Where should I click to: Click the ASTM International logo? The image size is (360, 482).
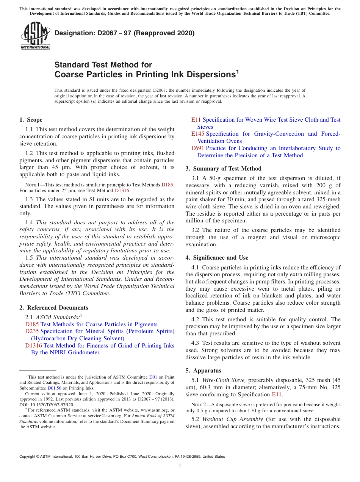pyautogui.click(x=35, y=36)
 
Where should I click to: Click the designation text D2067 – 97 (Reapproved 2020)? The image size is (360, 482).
pyautogui.click(x=125, y=33)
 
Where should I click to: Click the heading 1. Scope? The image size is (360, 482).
pyautogui.click(x=31, y=120)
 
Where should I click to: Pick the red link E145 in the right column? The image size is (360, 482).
pyautogui.click(x=198, y=134)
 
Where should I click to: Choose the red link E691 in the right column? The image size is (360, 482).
pyautogui.click(x=198, y=148)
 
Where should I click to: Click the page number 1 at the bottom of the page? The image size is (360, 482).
pyautogui.click(x=180, y=465)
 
